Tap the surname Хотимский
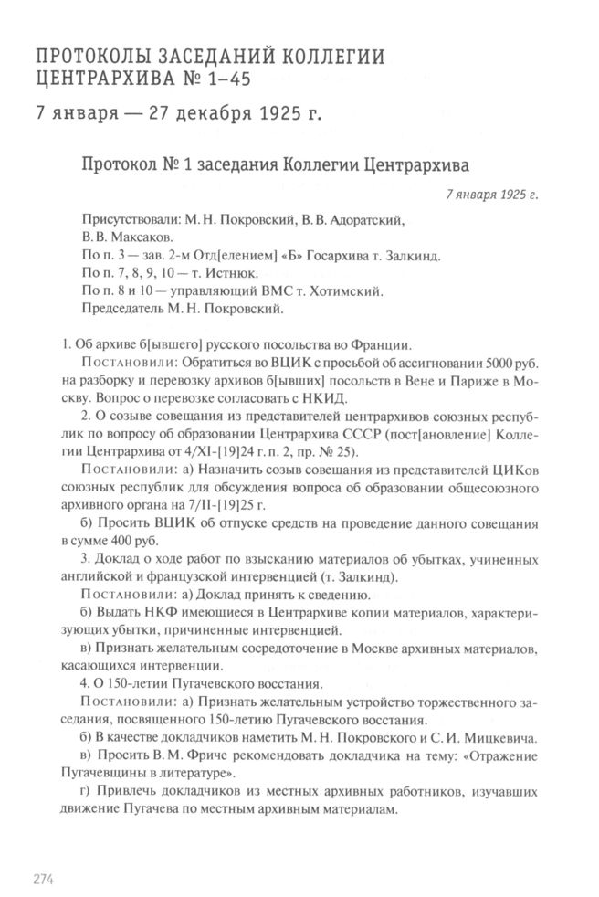(316, 290)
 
